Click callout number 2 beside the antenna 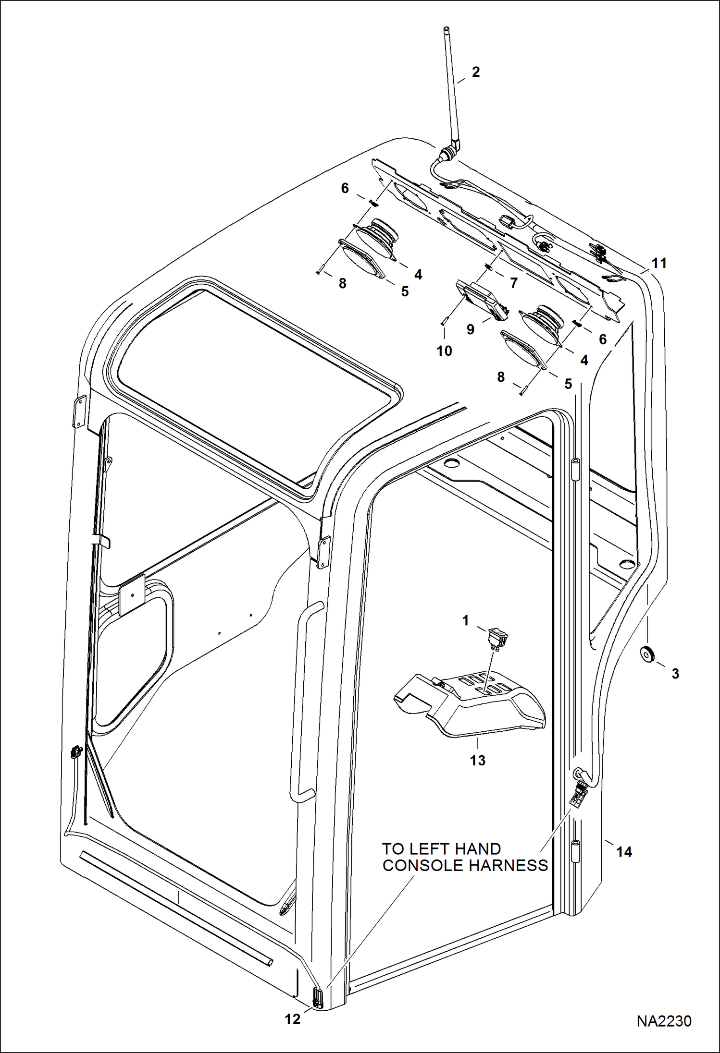(x=475, y=72)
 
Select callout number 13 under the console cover (x=477, y=760)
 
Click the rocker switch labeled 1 (x=498, y=638)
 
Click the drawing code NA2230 (x=664, y=1021)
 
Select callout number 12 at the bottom (x=292, y=1019)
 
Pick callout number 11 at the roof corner (x=659, y=263)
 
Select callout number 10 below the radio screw (x=444, y=351)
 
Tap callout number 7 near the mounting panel (x=513, y=283)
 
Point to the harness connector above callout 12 (x=317, y=998)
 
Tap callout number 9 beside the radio (x=470, y=329)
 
